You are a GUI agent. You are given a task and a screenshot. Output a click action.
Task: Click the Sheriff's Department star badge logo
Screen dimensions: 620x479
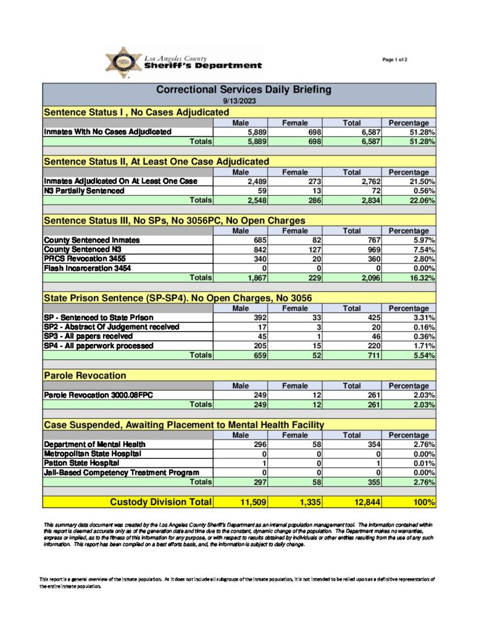123,63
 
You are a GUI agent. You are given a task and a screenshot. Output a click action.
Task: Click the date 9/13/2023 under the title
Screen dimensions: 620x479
239,101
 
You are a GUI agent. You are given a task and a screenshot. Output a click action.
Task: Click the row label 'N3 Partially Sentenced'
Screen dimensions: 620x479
84,190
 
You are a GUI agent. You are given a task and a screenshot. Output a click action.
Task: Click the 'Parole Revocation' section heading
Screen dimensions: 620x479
85,376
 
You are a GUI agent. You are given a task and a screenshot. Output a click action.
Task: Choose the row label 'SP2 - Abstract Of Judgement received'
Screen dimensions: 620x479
111,327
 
